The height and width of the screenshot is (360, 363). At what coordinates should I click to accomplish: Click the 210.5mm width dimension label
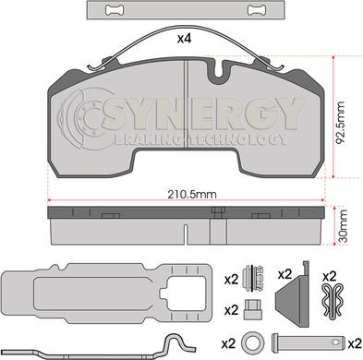(192, 195)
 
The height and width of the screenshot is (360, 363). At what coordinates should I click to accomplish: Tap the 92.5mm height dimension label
(341, 123)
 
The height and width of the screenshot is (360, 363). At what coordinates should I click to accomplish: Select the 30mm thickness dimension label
(342, 225)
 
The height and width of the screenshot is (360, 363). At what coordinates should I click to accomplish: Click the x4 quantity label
(185, 39)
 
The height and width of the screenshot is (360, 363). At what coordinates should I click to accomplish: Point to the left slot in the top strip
(115, 10)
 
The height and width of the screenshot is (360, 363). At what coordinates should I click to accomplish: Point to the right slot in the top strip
(258, 10)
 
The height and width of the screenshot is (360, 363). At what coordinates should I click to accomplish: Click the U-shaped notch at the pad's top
(219, 71)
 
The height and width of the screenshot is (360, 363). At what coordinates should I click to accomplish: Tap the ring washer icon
(253, 342)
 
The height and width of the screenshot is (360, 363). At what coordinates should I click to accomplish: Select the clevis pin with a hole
(308, 342)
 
